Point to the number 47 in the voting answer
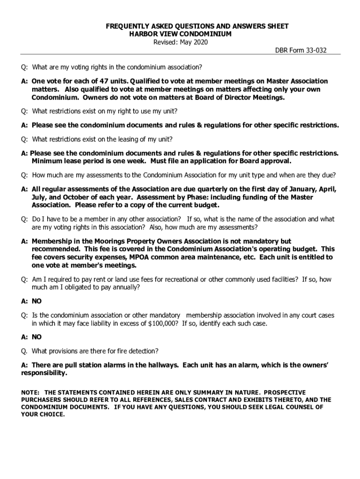(105, 81)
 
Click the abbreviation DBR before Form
(282, 51)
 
